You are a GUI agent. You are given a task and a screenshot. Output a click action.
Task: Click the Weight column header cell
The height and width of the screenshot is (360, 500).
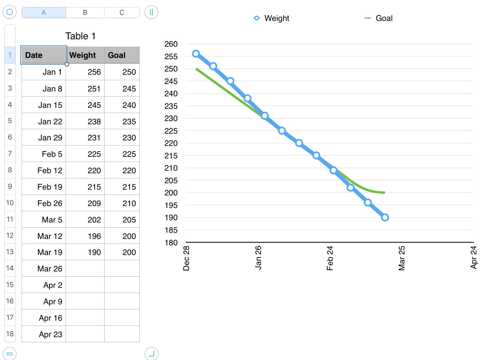(x=85, y=55)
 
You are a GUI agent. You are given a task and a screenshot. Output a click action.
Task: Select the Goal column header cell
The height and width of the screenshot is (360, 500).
(x=122, y=55)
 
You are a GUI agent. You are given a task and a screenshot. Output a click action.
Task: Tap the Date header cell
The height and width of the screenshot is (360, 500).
(x=44, y=55)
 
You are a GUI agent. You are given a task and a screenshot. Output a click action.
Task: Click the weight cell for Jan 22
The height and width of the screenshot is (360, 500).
(x=85, y=121)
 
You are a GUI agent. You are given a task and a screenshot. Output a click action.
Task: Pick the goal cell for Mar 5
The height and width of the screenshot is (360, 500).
(x=122, y=220)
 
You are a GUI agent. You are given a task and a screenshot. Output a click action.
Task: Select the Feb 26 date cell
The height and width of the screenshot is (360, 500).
(x=44, y=203)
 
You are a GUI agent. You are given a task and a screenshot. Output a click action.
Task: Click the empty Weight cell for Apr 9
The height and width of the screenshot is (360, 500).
(x=85, y=301)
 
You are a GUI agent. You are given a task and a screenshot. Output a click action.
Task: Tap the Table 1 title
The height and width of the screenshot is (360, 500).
(x=80, y=36)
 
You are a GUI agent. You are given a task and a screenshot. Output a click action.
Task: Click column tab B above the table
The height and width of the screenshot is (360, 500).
(x=85, y=13)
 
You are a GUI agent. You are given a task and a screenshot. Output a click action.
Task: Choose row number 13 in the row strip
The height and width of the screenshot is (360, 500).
(x=10, y=252)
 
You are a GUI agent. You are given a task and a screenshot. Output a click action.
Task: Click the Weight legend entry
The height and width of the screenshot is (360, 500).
(x=272, y=18)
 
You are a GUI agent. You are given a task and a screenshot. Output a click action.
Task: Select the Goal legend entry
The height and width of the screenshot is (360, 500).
(x=379, y=18)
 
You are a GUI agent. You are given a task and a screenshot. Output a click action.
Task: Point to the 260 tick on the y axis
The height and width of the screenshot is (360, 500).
(x=171, y=44)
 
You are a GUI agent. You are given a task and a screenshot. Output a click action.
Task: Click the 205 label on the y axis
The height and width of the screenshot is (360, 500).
(x=171, y=181)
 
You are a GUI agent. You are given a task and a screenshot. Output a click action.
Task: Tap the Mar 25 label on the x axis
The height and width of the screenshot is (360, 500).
(x=402, y=258)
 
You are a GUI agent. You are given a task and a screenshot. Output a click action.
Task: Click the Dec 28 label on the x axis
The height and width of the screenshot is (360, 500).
(x=186, y=258)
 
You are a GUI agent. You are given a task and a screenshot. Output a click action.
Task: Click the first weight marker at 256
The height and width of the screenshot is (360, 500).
(x=196, y=54)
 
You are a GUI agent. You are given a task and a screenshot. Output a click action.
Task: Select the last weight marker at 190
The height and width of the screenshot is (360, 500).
(x=385, y=218)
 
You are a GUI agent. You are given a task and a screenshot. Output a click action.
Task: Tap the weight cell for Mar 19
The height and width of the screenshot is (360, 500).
(x=85, y=252)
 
